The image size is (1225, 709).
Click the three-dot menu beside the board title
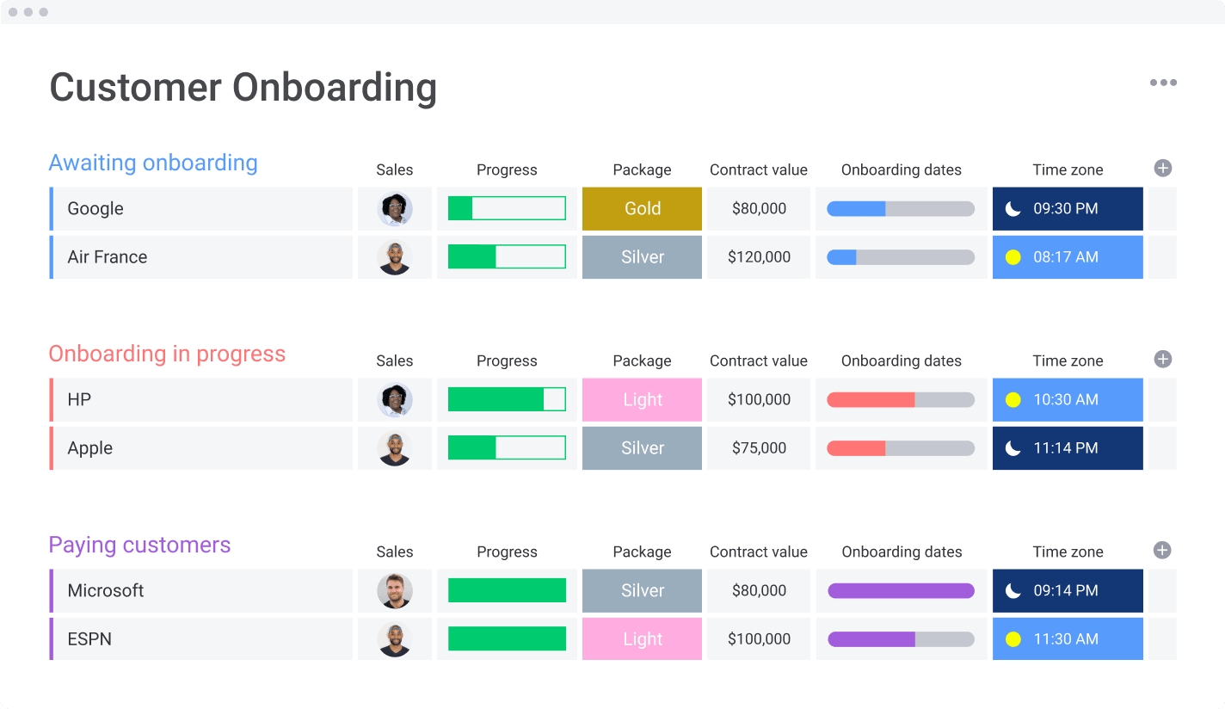pos(1163,83)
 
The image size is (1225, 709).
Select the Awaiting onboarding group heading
pos(153,163)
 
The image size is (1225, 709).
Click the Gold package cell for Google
pos(642,209)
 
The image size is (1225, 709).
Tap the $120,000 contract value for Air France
pos(759,257)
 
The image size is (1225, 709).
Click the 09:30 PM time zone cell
pos(1067,209)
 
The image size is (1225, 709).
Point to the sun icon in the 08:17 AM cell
pos(1013,257)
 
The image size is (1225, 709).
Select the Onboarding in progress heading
pos(167,354)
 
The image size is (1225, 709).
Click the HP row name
pos(79,400)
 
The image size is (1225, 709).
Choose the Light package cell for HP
pos(642,400)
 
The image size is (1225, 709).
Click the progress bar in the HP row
pos(507,400)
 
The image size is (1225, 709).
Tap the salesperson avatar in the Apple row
pos(395,448)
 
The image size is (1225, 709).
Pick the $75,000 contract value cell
pos(759,448)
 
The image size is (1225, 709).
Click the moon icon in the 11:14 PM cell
pos(1013,448)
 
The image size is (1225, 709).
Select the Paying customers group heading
pos(139,545)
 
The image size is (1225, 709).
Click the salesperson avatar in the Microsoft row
pos(395,591)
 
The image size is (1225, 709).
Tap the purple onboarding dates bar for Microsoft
pos(901,591)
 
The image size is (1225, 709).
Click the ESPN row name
pos(89,639)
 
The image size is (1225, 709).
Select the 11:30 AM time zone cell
pos(1067,639)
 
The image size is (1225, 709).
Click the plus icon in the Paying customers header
pos(1162,551)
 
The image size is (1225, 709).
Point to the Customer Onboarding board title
pos(243,88)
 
